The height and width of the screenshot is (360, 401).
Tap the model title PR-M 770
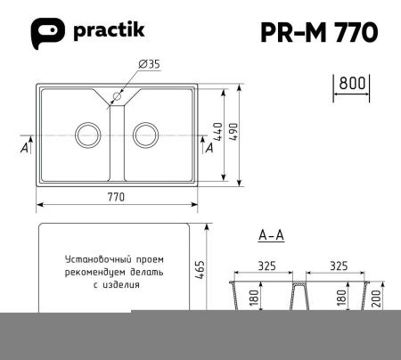point(317,32)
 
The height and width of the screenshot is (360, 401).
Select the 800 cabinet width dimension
point(353,82)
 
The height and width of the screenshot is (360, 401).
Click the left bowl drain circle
point(86,135)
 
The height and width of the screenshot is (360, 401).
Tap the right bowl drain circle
point(144,135)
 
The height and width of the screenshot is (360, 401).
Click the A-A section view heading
point(270,235)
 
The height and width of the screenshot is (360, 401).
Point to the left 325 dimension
point(266,266)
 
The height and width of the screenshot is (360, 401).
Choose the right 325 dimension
point(338,266)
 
